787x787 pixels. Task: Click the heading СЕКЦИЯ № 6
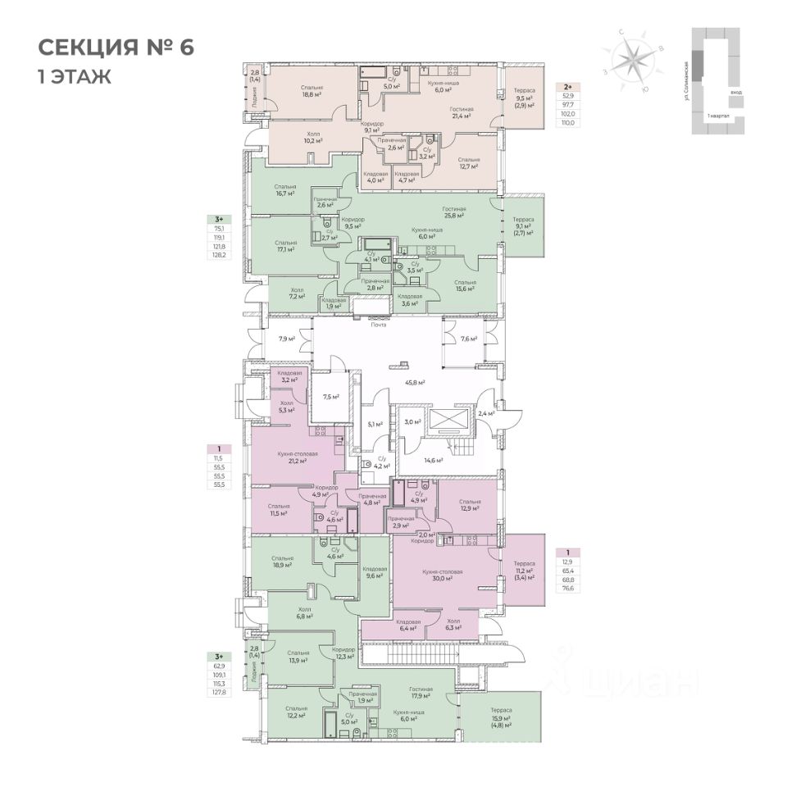116,47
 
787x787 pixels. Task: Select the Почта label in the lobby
378,325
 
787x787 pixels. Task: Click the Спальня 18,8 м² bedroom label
311,91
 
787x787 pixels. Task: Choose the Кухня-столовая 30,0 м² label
444,576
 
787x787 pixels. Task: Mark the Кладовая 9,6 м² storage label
374,572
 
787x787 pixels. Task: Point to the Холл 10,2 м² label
312,137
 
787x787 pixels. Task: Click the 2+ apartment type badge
566,85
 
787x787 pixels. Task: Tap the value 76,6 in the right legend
566,588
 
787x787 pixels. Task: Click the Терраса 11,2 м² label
524,568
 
